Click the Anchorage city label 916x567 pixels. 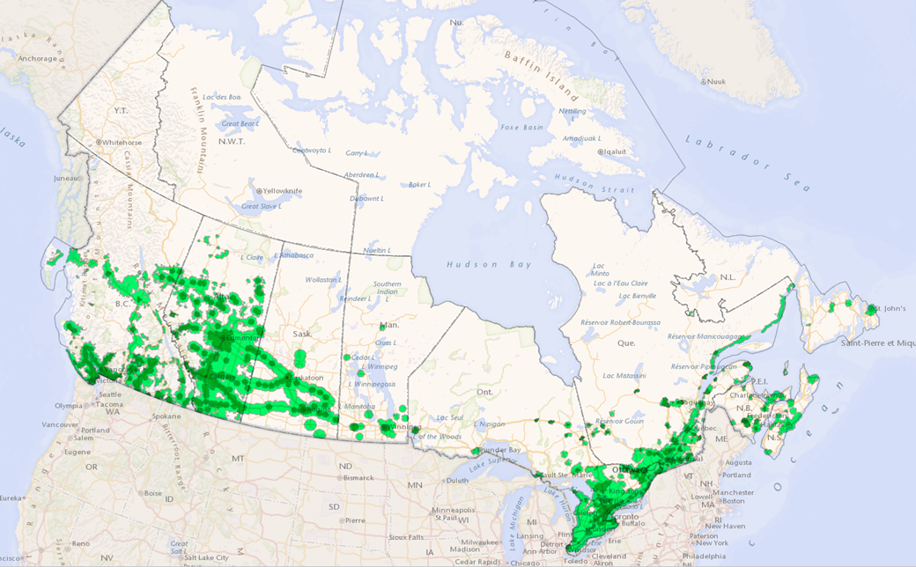click(38, 59)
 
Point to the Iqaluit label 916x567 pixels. click(617, 151)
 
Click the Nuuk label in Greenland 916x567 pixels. click(717, 81)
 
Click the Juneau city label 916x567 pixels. click(66, 178)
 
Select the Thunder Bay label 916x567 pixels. click(502, 449)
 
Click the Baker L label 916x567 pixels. click(419, 184)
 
